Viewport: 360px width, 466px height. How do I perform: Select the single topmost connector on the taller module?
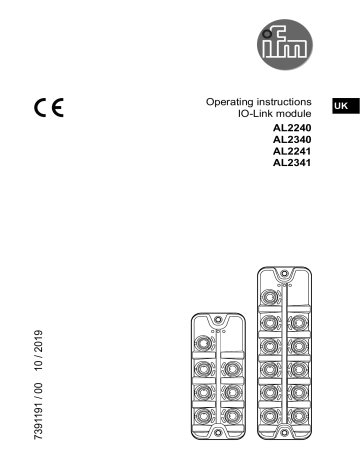pyautogui.click(x=272, y=299)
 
